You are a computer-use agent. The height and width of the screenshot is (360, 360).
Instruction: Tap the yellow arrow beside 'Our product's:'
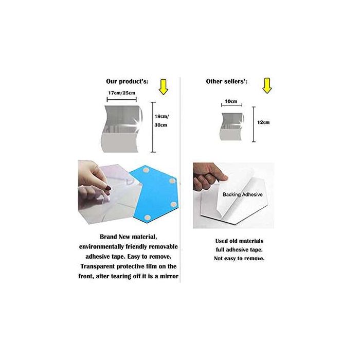pos(164,86)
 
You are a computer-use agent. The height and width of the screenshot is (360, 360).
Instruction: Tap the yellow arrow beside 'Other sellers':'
pos(266,86)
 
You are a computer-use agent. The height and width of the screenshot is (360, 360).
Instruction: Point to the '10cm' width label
pos(231,102)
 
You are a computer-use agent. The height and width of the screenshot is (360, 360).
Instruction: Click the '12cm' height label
pos(263,123)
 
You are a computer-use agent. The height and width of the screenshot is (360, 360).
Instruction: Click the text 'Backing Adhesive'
pos(243,195)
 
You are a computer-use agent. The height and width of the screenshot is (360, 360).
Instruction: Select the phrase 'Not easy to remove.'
pos(239,259)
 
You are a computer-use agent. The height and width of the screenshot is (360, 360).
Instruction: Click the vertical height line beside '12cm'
pos(253,124)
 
